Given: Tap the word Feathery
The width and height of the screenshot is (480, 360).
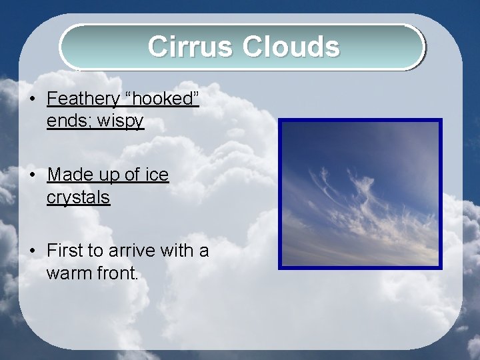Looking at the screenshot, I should point(83,99).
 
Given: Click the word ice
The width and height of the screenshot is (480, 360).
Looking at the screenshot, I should point(157,175).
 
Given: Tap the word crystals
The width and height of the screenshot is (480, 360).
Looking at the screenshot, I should point(78,197).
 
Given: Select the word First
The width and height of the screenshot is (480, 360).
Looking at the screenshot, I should point(65,251).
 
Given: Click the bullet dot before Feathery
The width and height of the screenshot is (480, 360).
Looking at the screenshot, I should point(32,100).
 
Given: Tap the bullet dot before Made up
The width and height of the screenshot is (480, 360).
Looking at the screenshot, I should point(32,175).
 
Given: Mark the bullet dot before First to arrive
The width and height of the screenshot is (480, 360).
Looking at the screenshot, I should point(32,251).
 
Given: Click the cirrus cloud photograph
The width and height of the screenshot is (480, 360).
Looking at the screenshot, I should point(360,194).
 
